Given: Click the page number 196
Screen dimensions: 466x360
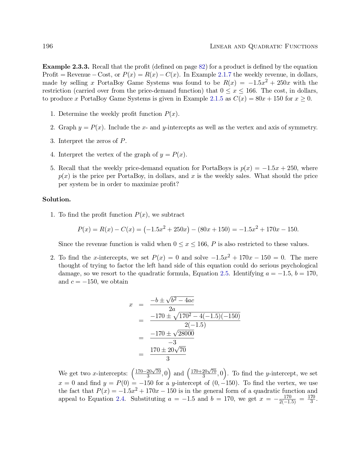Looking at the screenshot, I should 47,46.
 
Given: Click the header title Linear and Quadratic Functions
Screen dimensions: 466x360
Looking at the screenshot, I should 264,47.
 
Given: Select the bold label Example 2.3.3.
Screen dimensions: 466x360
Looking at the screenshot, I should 66,67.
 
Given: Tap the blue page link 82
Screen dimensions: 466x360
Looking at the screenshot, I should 202,67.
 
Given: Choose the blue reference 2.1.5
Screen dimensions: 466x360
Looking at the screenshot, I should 217,99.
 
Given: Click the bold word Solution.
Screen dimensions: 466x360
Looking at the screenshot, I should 56,199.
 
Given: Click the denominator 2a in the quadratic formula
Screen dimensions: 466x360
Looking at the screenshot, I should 172,309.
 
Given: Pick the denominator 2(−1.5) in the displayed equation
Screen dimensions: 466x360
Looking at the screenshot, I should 195,325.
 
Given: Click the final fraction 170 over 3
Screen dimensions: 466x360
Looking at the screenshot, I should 311,399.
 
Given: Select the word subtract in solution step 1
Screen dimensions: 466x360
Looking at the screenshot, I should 173,215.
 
